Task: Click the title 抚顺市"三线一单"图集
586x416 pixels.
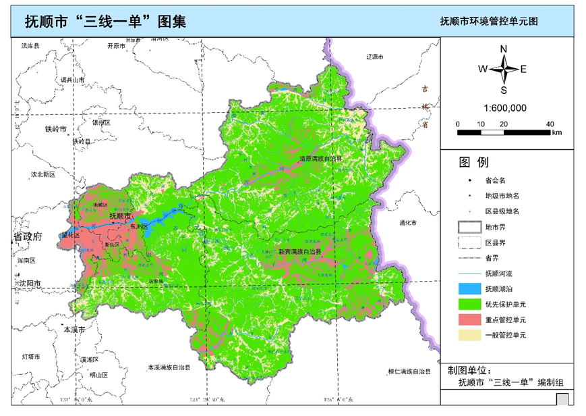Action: click(x=105, y=21)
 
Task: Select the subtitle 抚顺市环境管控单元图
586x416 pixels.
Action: click(x=488, y=22)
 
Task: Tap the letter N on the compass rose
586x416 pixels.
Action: click(x=504, y=49)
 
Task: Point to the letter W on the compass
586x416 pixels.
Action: click(x=483, y=69)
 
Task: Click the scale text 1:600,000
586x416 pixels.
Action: click(x=504, y=108)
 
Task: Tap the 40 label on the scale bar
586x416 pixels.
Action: click(x=550, y=124)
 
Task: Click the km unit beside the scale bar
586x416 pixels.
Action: click(x=556, y=133)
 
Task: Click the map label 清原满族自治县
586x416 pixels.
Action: click(x=321, y=159)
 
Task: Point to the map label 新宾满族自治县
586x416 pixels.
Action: click(x=300, y=252)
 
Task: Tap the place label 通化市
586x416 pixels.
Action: click(x=408, y=223)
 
